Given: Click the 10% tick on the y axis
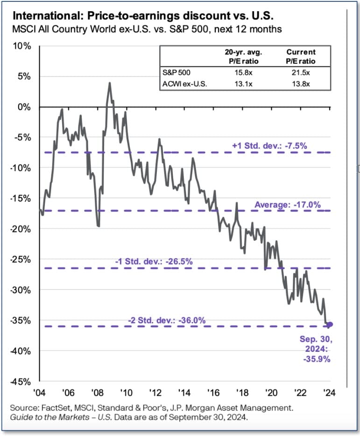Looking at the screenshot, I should (x=21, y=46).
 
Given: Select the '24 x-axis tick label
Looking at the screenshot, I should (x=330, y=392).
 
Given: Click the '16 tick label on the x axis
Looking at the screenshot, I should (x=213, y=392).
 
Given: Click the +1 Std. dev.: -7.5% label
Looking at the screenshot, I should (x=269, y=145).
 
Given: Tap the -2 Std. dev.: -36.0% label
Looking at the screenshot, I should (x=167, y=320).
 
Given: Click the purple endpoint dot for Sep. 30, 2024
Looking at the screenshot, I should (x=330, y=325).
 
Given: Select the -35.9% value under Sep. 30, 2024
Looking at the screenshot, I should (x=317, y=359).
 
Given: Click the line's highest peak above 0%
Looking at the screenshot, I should (x=109, y=83).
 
